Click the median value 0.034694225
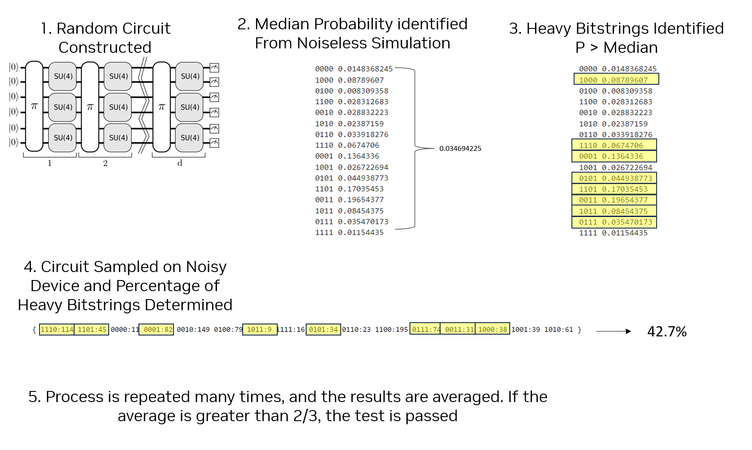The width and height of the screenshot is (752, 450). [460, 149]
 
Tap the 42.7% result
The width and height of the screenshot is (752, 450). [666, 332]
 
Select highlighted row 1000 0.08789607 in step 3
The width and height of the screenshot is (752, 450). [616, 80]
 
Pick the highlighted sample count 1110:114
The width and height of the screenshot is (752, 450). [57, 329]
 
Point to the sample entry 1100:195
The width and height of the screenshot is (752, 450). [391, 329]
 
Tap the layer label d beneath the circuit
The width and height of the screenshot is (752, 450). [180, 163]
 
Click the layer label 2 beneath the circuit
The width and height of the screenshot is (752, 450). [105, 163]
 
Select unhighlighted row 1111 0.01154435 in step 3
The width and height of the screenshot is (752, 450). [613, 233]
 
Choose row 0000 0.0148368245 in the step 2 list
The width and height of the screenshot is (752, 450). [354, 69]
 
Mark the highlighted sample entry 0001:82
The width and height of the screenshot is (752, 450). [156, 329]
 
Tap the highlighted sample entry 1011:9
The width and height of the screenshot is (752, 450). [260, 329]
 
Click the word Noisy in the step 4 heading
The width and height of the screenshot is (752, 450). [206, 267]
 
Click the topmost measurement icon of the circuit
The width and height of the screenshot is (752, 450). [214, 68]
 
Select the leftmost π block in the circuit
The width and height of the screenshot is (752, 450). [34, 107]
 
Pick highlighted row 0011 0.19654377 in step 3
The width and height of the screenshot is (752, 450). [613, 200]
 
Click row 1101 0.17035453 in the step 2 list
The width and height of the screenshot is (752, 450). [349, 189]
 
